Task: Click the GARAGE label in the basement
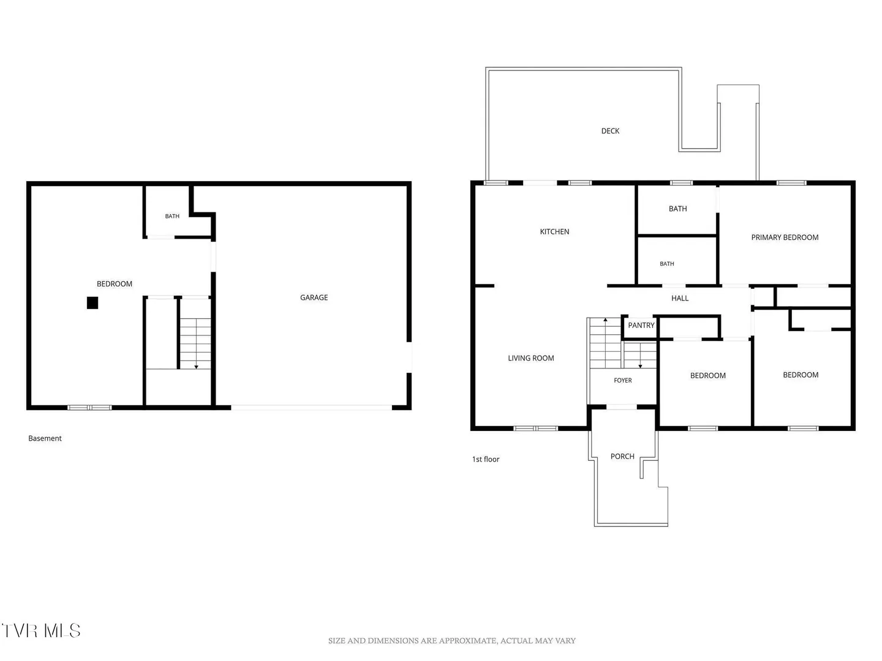[x=314, y=297]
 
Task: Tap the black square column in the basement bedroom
[x=92, y=302]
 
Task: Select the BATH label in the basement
[x=172, y=216]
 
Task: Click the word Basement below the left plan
[x=45, y=438]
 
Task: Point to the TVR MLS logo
[x=41, y=630]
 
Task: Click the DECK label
[x=610, y=131]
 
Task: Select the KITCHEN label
[x=554, y=231]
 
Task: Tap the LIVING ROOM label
[x=530, y=358]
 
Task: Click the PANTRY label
[x=641, y=325]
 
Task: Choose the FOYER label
[x=622, y=380]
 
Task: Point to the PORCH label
[x=622, y=457]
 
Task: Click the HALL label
[x=679, y=298]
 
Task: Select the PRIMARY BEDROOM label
[x=785, y=237]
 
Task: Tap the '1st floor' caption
[x=485, y=459]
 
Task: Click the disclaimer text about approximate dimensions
[x=451, y=641]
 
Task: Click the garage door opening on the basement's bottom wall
[x=311, y=408]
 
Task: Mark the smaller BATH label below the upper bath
[x=666, y=264]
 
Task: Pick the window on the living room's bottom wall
[x=535, y=428]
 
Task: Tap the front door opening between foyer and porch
[x=621, y=407]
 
